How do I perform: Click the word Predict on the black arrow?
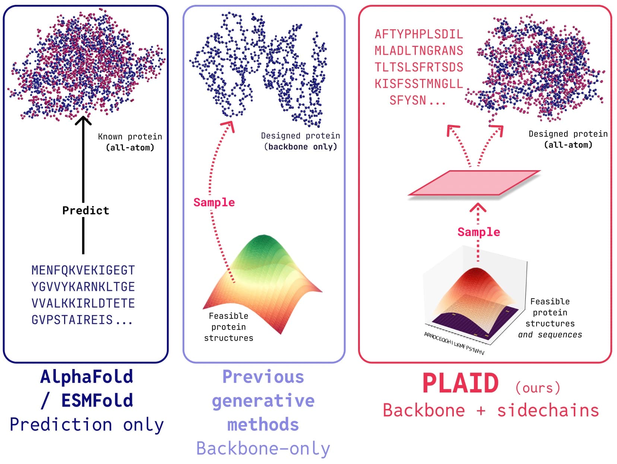coord(86,210)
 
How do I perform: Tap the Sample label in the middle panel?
coord(214,202)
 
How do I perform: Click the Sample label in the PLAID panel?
coord(479,232)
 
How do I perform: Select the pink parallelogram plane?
coord(474,183)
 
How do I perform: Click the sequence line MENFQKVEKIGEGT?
coord(83,270)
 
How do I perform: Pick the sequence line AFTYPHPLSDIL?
coord(419,34)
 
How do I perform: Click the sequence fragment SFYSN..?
coord(408,101)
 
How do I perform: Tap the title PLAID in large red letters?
coord(461,384)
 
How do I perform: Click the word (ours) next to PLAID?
coord(538,388)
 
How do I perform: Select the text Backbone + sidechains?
coord(491,411)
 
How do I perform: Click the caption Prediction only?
coord(86,425)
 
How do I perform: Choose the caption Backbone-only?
coord(263,448)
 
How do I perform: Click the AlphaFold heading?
coord(86,377)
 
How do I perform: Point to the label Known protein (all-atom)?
coord(130,142)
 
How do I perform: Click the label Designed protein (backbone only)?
coord(300,141)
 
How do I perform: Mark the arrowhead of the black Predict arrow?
coord(83,120)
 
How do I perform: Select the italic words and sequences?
coord(550,334)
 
